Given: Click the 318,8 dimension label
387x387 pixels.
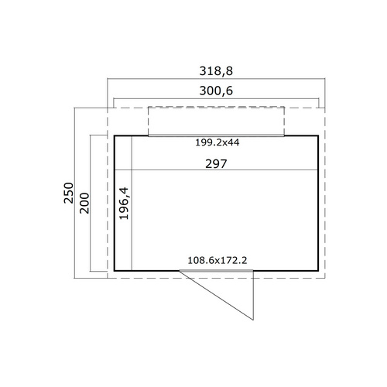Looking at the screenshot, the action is [216, 71].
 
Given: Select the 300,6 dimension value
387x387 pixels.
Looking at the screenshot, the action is [216, 91].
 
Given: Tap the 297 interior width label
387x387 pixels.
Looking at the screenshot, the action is [216, 164].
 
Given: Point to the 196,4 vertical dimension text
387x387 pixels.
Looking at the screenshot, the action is [124, 204].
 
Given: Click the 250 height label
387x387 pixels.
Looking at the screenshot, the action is [69, 193].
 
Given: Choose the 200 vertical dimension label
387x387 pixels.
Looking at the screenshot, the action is [84, 203].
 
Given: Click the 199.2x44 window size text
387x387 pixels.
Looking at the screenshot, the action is [217, 142].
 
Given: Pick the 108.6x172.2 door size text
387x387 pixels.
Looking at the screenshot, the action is [217, 260].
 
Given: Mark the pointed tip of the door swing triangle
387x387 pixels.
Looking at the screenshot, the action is [253, 320].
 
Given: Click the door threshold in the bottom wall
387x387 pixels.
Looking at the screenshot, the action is [216, 271].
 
